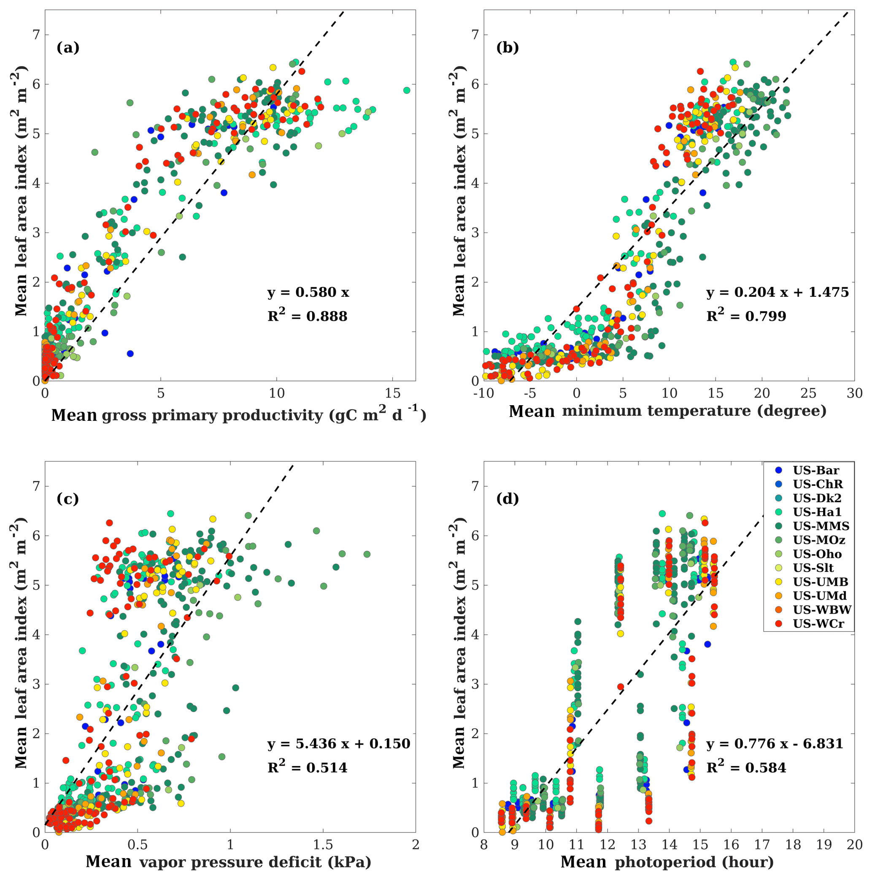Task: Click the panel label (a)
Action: tap(68, 47)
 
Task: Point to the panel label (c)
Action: tap(68, 499)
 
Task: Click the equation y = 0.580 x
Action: tap(308, 292)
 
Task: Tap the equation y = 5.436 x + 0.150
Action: tap(339, 744)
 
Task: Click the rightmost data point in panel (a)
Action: tap(407, 90)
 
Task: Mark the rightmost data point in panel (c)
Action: tap(367, 554)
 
